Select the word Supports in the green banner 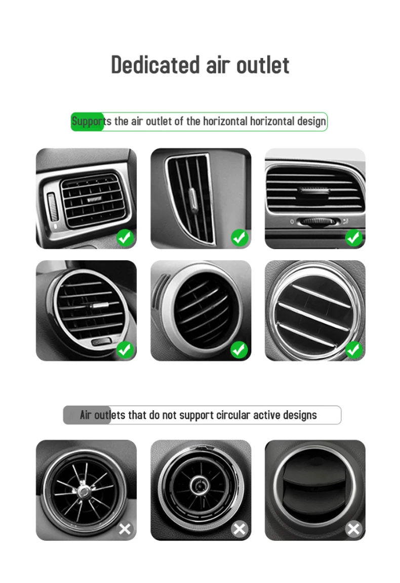click(x=88, y=122)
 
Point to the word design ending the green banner click(x=311, y=122)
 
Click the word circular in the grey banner click(x=233, y=415)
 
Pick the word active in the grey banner click(x=266, y=415)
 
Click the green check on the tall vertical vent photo click(x=239, y=237)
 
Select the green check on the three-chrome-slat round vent click(x=354, y=349)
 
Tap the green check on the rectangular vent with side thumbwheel click(x=125, y=237)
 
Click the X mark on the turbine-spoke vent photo click(x=125, y=529)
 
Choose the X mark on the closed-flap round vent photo click(x=354, y=529)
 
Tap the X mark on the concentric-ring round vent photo click(x=239, y=529)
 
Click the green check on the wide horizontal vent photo click(x=354, y=237)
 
